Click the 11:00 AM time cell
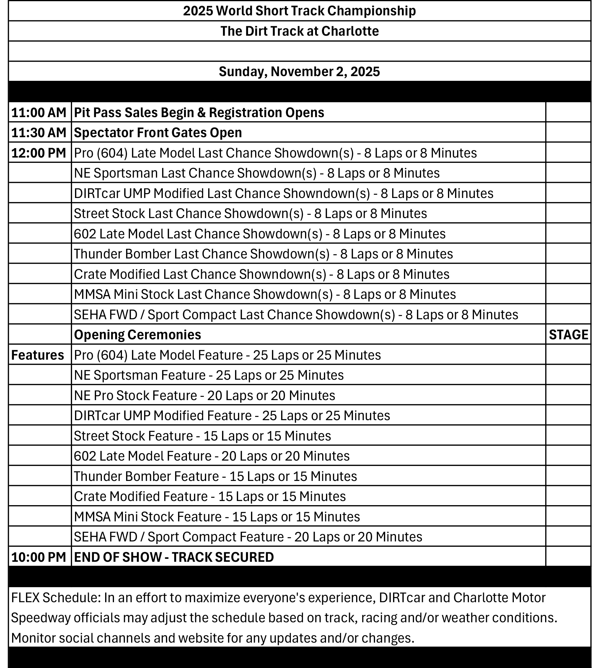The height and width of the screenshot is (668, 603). (39, 112)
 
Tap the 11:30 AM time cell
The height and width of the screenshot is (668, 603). (39, 133)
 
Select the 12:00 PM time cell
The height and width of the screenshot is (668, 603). (39, 153)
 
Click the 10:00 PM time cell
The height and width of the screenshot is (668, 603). (39, 557)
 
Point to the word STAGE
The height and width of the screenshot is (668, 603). (568, 335)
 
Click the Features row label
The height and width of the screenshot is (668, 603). (38, 355)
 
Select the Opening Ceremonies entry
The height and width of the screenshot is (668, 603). (138, 335)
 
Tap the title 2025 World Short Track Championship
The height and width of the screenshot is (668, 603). (299, 11)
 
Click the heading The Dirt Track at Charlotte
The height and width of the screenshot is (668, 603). (299, 31)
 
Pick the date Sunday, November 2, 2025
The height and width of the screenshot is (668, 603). (299, 71)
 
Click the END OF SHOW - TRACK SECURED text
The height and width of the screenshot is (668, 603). (174, 557)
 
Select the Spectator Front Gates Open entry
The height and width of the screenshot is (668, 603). (158, 133)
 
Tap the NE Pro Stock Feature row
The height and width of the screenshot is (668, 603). (204, 396)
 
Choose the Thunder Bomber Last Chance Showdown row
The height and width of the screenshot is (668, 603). (263, 254)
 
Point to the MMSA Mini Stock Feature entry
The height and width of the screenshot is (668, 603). (217, 517)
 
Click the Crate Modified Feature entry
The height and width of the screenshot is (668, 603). (210, 497)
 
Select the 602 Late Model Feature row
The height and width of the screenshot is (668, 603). (211, 456)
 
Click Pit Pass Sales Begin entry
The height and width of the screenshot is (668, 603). (199, 112)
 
